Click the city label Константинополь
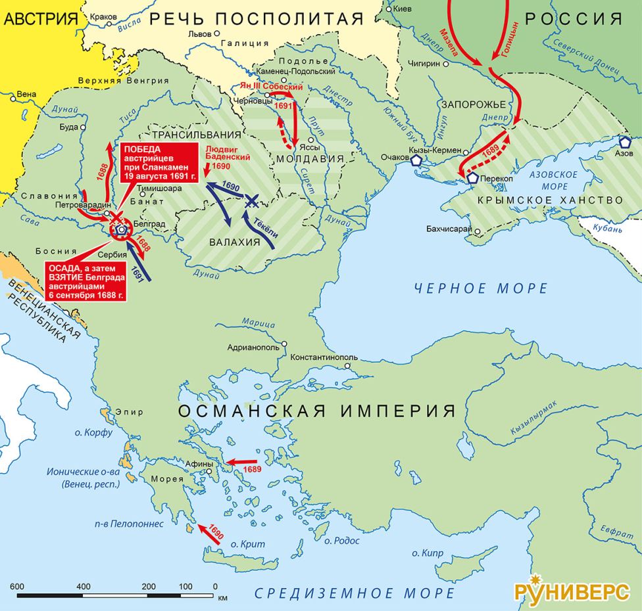tap(324, 359)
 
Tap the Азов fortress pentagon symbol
tap(624, 141)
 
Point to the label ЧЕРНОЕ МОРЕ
tap(481, 288)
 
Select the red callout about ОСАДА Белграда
tap(86, 281)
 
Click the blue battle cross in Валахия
tap(251, 202)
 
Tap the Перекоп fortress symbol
tap(472, 177)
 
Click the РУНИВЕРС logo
tap(570, 590)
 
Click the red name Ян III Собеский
tap(271, 87)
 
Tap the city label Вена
tap(26, 94)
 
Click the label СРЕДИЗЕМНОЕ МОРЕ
tap(355, 593)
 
